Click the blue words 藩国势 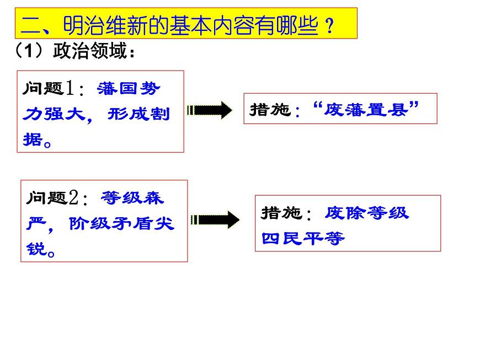(130, 89)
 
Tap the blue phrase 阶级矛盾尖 (121, 224)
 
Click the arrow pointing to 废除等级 (215, 220)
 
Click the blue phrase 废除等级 (367, 213)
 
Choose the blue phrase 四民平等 (303, 239)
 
